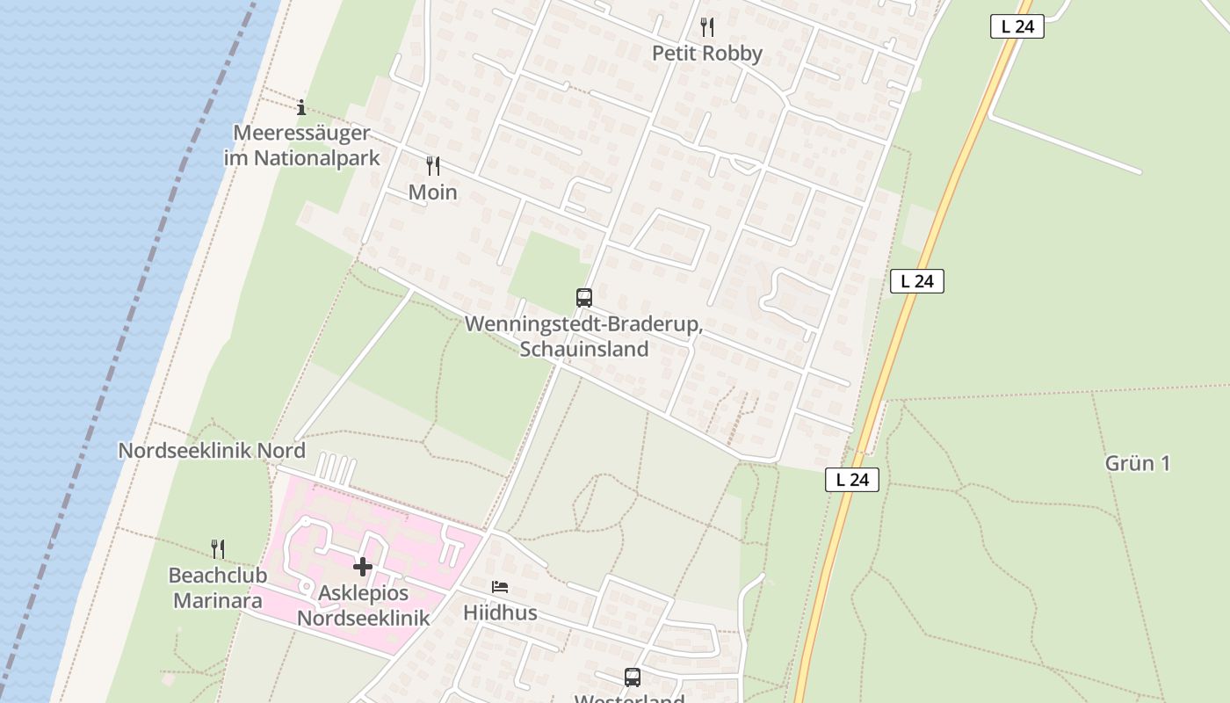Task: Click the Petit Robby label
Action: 706,54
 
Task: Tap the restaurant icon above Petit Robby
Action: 706,27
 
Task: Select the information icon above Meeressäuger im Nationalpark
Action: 301,107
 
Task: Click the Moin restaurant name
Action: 432,192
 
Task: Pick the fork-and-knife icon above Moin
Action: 432,165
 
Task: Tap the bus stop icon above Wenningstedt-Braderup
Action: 583,297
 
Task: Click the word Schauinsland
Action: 583,349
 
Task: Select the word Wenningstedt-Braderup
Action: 583,324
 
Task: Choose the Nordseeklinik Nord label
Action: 212,451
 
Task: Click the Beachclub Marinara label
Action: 215,589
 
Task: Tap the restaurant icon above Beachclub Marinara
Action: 218,549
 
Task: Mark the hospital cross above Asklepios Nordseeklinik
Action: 363,567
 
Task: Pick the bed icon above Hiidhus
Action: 500,587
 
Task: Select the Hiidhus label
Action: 500,612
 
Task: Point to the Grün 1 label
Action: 1137,463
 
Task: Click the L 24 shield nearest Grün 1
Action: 851,480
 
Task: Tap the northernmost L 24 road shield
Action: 1017,26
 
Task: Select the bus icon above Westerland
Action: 632,677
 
